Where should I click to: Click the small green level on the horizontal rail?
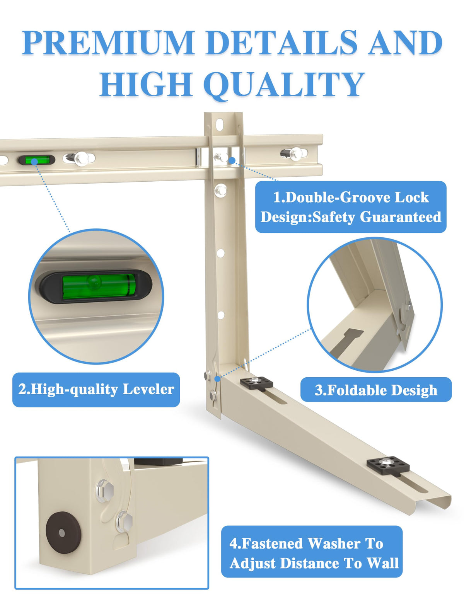point(37,160)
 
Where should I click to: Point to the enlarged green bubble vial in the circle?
point(96,287)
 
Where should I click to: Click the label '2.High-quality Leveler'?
point(96,389)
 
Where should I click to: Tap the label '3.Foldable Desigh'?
point(376,390)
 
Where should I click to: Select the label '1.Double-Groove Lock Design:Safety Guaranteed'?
point(351,207)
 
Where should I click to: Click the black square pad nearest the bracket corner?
point(256,383)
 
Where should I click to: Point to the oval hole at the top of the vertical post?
point(219,124)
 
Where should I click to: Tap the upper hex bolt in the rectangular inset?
point(105,491)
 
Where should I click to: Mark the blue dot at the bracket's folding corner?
point(218,378)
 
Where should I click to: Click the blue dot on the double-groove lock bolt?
point(232,160)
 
